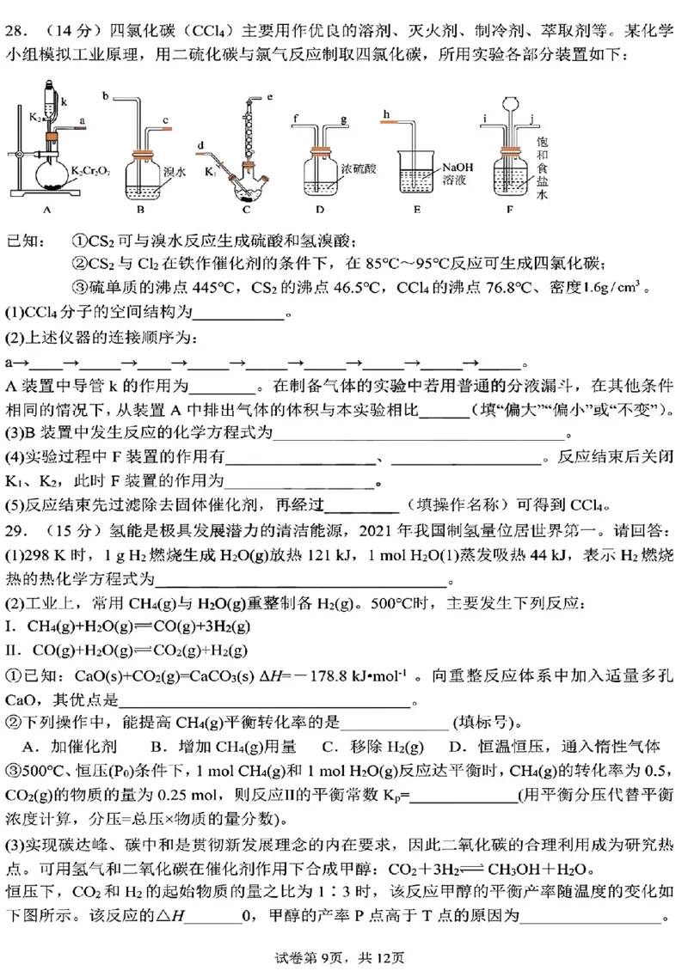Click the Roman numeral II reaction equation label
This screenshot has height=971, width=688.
pos(12,650)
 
